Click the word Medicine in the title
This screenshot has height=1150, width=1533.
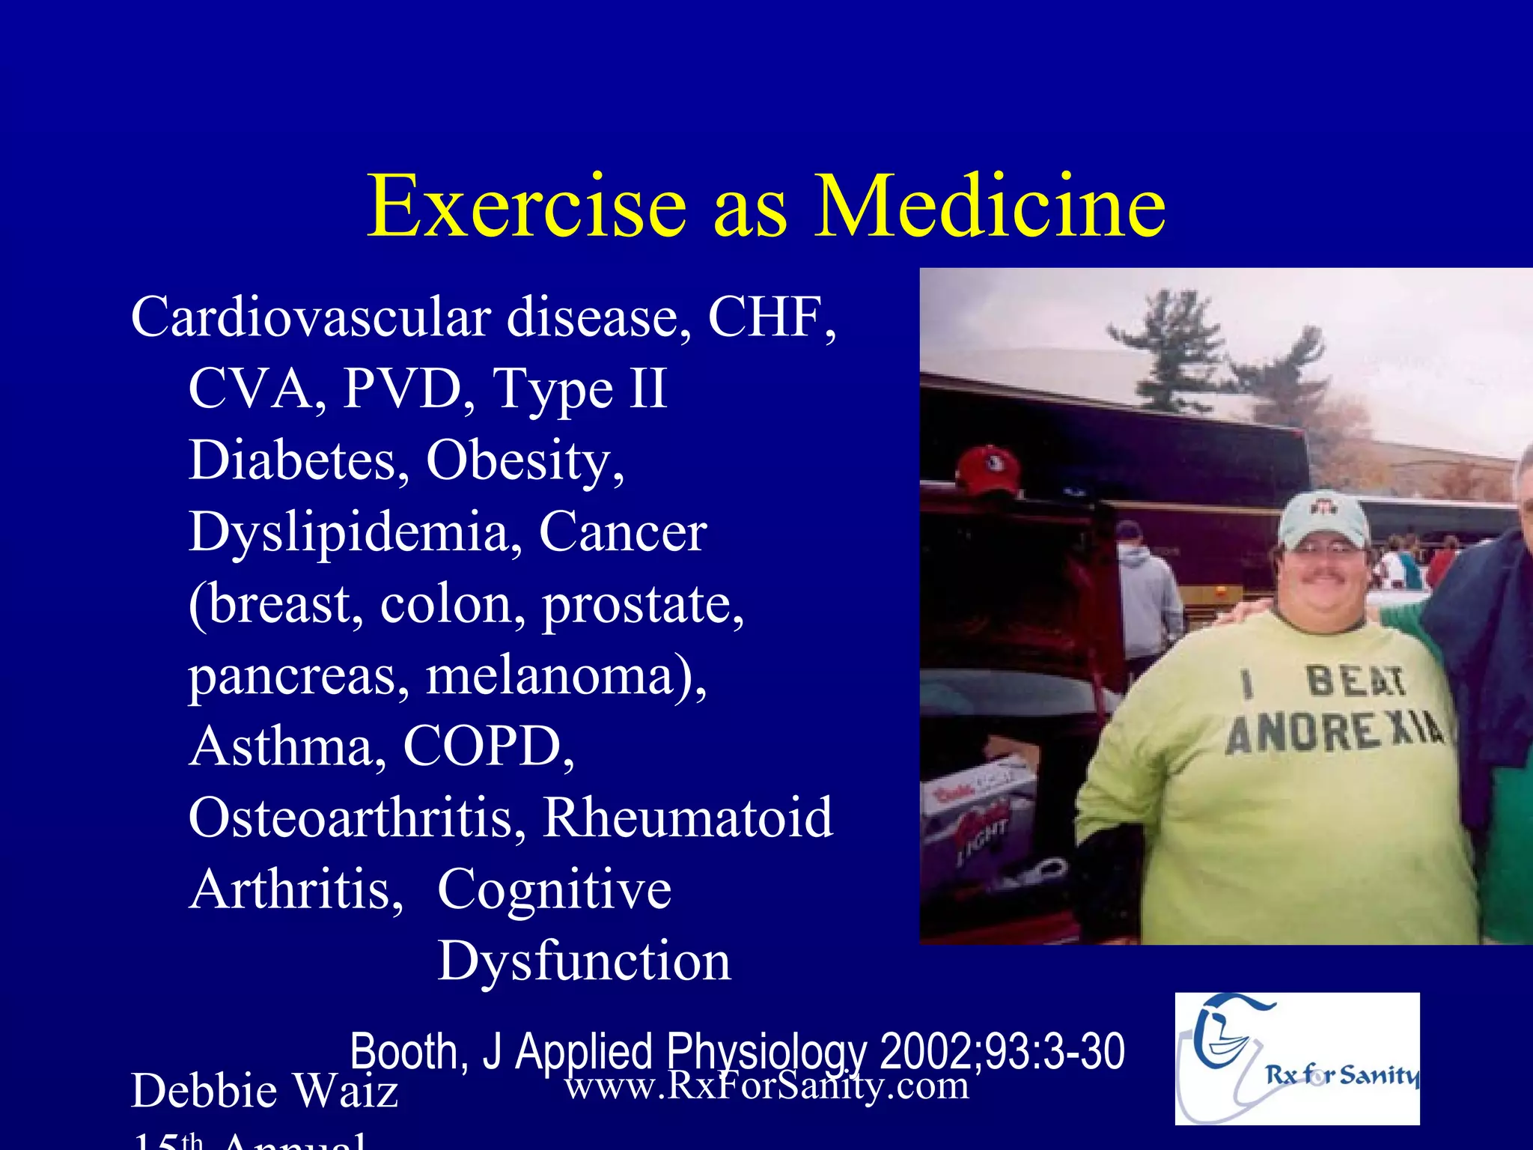[990, 206]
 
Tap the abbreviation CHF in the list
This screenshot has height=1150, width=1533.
[771, 317]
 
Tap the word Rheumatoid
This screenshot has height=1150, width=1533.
[687, 818]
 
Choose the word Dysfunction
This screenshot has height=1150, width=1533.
[584, 961]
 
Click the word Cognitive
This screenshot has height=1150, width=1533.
[554, 889]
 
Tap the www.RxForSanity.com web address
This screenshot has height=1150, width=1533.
[766, 1085]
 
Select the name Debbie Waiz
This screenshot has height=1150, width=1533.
[264, 1091]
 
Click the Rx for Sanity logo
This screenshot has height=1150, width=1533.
[1296, 1059]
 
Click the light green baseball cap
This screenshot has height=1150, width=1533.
[1323, 518]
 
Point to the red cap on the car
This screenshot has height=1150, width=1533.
[988, 469]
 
